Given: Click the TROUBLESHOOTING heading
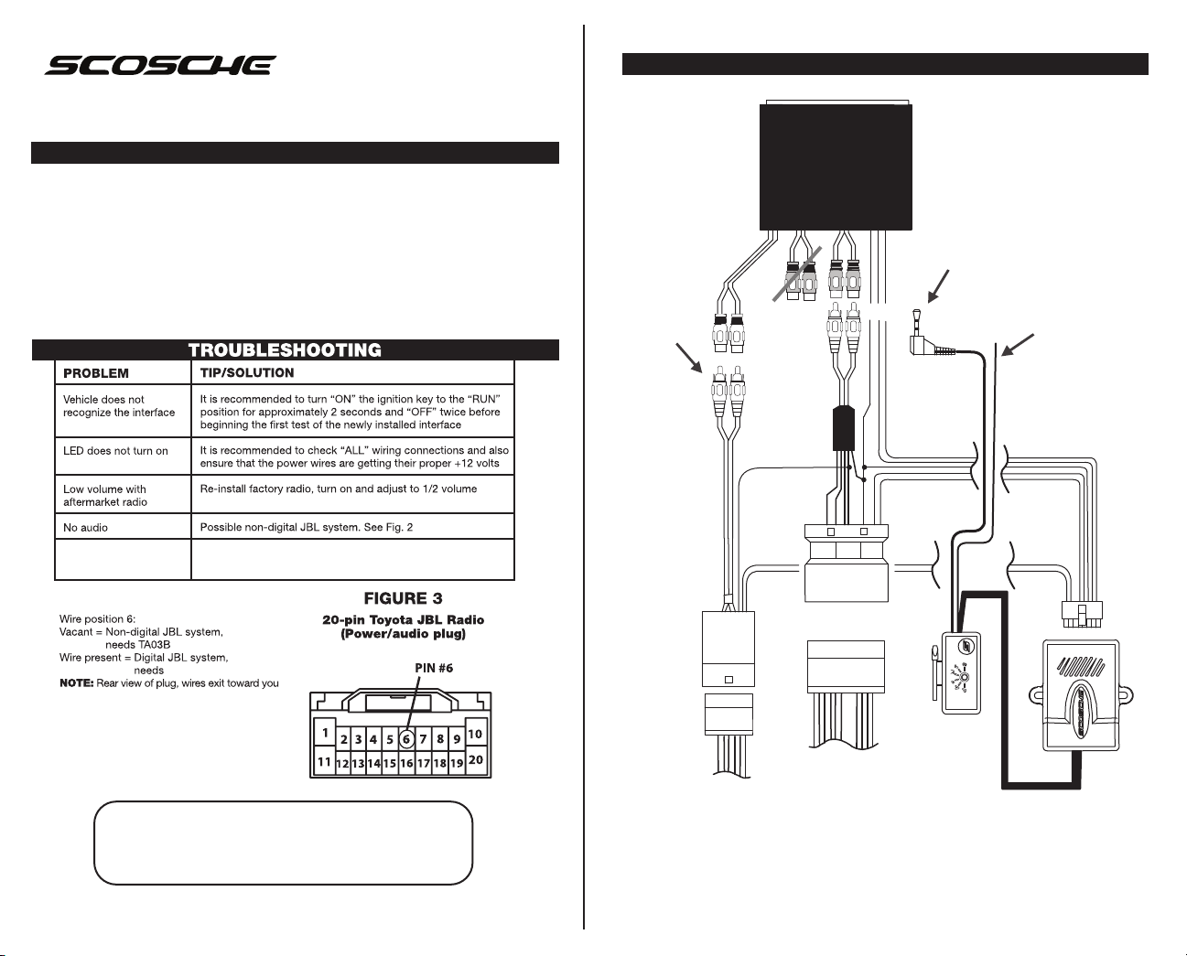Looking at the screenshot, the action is click(285, 350).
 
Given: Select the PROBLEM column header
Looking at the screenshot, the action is click(96, 373).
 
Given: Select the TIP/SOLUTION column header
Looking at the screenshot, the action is click(247, 372).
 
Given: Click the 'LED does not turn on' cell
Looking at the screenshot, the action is click(115, 451).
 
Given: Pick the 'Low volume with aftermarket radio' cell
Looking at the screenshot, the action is click(105, 496).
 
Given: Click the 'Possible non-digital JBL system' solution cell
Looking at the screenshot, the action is click(307, 528).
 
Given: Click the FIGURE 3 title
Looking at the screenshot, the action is click(403, 599).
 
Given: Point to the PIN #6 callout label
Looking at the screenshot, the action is click(428, 668).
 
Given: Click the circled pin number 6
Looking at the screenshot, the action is click(406, 739).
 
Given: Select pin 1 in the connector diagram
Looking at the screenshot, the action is click(324, 733).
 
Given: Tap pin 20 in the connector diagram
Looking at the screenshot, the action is click(476, 760).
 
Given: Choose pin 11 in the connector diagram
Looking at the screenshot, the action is click(324, 761).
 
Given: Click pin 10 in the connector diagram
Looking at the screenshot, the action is click(475, 734).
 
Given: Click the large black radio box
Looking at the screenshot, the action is click(836, 166).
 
